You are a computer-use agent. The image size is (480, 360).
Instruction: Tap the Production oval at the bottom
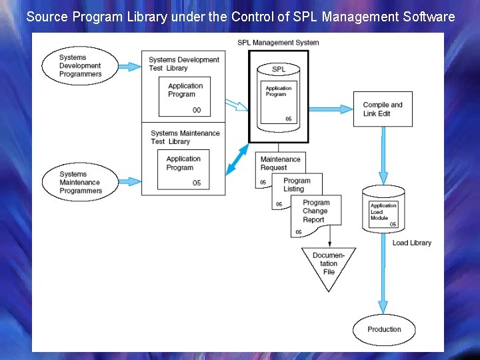pos(384,329)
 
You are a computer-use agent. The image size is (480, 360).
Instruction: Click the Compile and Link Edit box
pos(383,109)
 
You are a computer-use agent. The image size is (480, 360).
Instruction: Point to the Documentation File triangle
pos(329,265)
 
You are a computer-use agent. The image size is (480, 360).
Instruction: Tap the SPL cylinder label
pos(279,69)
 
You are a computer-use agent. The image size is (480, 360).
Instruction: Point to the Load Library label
pos(411,243)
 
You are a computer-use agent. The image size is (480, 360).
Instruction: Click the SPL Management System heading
pos(278,43)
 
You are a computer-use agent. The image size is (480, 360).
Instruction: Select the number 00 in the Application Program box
pos(197,110)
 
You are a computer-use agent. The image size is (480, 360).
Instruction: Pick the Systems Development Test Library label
pos(183,63)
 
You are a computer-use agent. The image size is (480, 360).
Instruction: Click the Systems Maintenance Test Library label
pos(185,137)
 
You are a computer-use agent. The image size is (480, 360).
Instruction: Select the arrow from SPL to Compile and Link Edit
pos(333,109)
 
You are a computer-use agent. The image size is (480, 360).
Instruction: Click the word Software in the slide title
pos(423,17)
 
